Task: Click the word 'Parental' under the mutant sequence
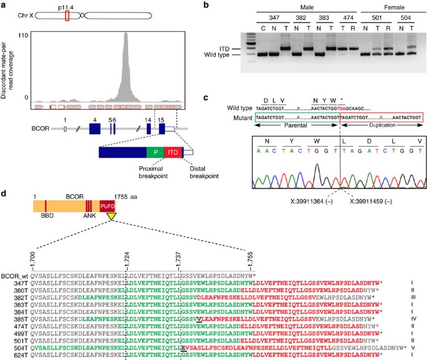(295, 126)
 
